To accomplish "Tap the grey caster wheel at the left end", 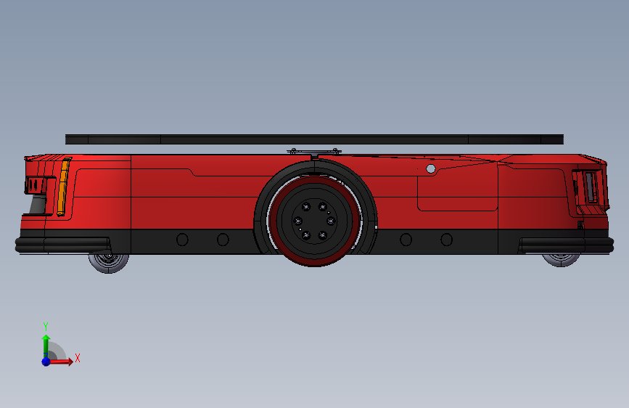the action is [x=109, y=261].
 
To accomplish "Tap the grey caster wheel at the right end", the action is [x=561, y=258].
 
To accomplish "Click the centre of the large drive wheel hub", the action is [x=313, y=219].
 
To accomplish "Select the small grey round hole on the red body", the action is [x=431, y=168].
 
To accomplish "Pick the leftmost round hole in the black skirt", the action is [x=182, y=240].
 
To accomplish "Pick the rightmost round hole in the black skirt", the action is [x=447, y=240].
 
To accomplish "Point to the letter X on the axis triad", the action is [x=77, y=358].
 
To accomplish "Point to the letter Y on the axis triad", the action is [x=45, y=326].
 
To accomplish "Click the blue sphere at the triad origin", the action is [x=46, y=361].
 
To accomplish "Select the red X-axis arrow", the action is [x=62, y=361].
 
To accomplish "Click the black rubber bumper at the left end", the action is [x=62, y=243].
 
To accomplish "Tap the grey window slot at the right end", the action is [x=591, y=187].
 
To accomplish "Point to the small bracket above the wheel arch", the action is [x=313, y=152].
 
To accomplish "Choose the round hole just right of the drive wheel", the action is [x=406, y=240].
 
